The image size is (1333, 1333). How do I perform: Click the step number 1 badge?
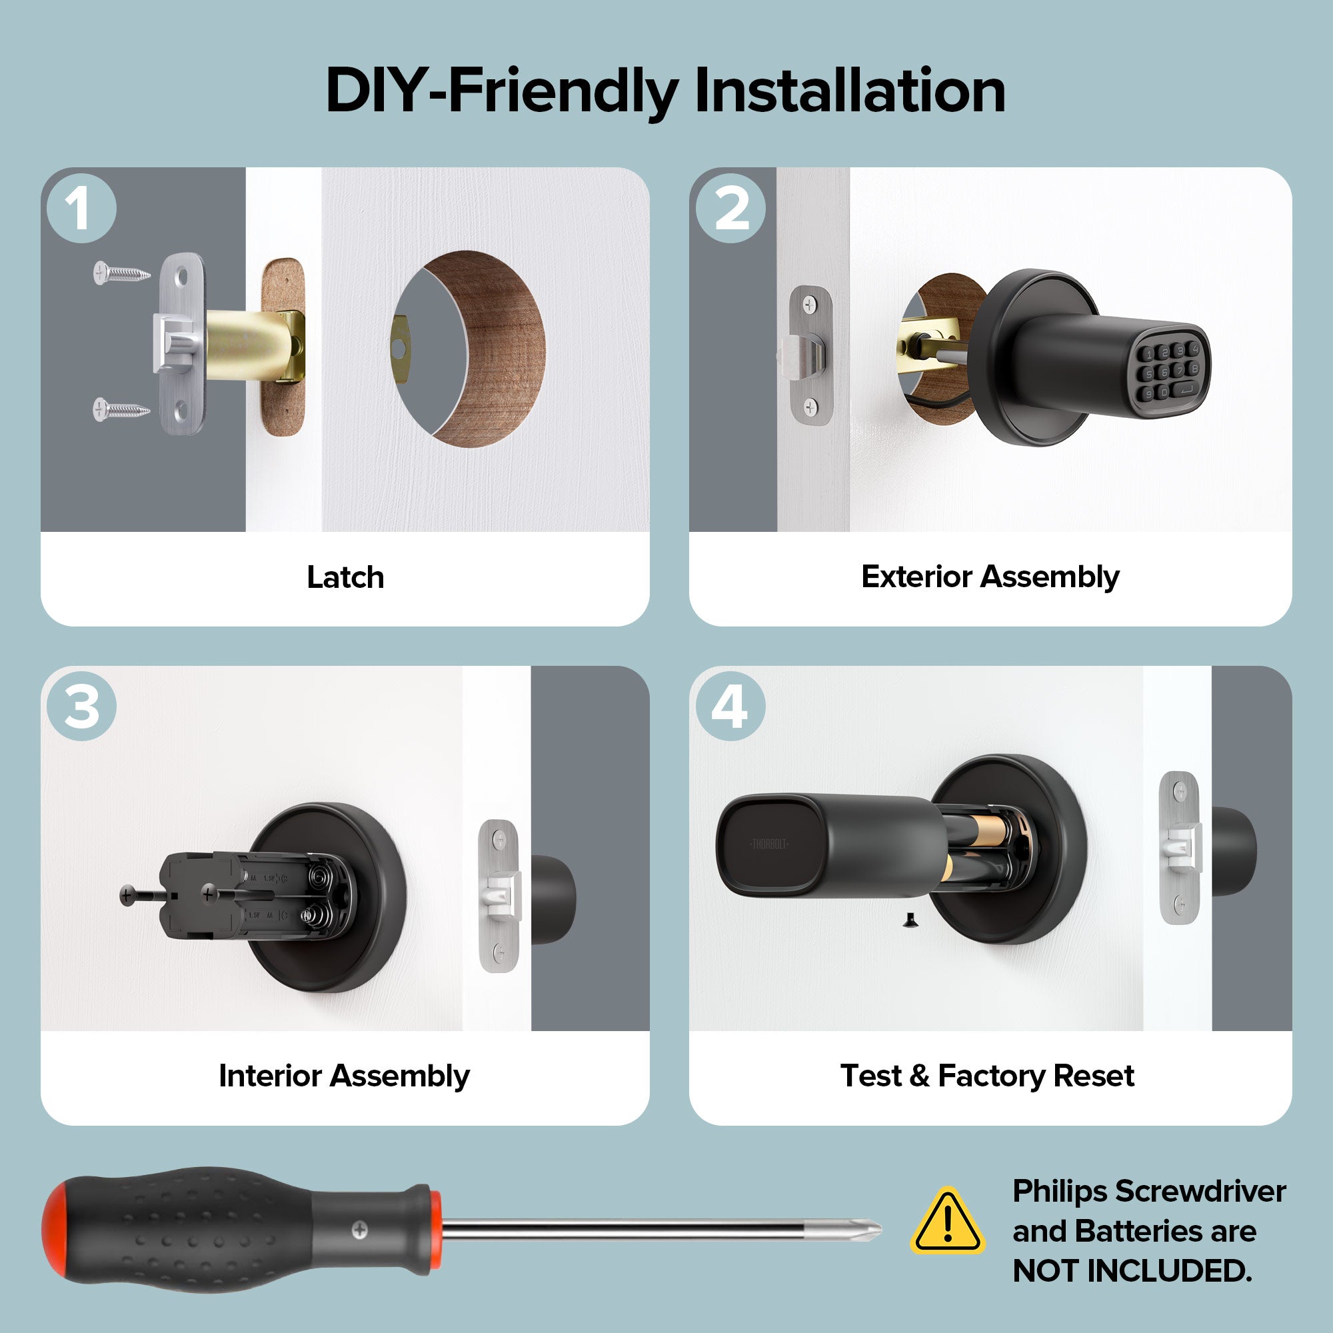tap(81, 209)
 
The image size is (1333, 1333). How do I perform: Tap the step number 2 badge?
tap(730, 209)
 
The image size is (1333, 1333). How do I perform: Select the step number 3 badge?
tap(81, 706)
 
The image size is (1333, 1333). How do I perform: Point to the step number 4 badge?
tap(730, 706)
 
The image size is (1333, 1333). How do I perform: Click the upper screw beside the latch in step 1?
tap(121, 273)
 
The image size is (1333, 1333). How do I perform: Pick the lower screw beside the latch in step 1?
tap(121, 409)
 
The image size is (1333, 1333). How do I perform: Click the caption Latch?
tap(345, 577)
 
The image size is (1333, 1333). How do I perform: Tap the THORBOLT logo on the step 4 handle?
tap(768, 844)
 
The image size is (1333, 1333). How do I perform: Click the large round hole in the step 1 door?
tap(469, 349)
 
